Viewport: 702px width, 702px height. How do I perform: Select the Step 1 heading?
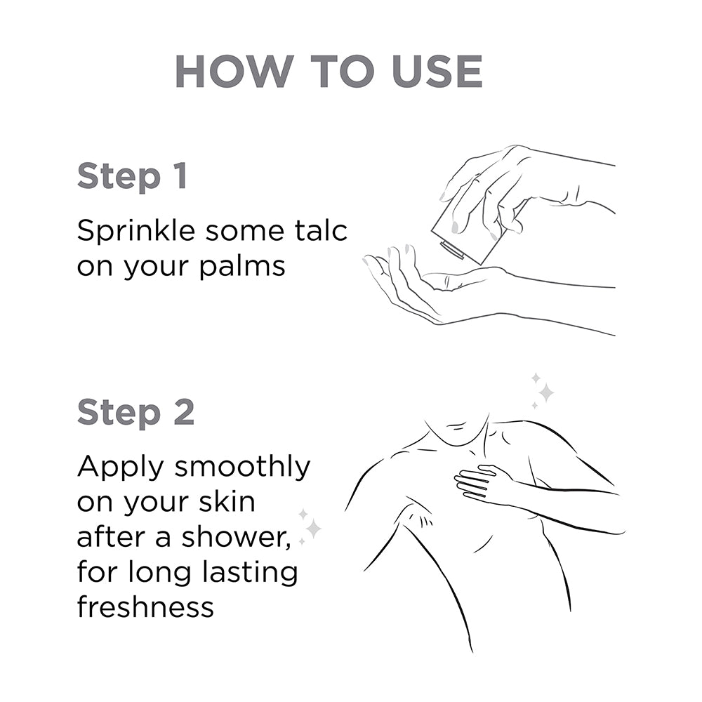(x=132, y=176)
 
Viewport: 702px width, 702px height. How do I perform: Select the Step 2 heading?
(x=135, y=413)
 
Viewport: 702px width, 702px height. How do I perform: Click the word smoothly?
(x=242, y=468)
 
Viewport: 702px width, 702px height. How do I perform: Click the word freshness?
(x=145, y=607)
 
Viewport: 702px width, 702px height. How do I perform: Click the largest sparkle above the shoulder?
(x=545, y=392)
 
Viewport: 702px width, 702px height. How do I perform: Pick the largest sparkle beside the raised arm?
(x=312, y=528)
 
